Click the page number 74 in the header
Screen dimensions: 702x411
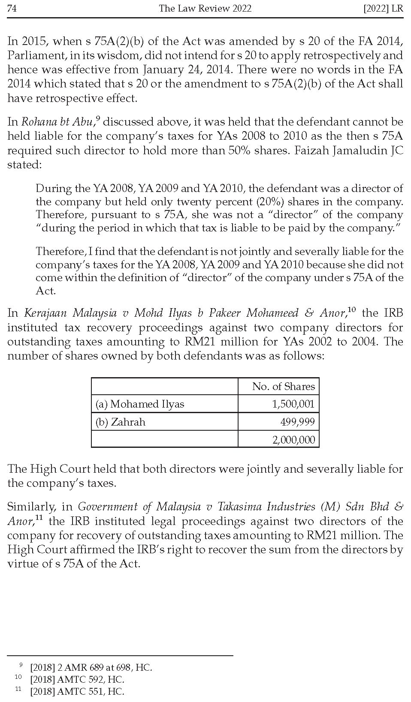pos(12,8)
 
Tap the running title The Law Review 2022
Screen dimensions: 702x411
pos(205,8)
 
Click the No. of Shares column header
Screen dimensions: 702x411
pos(283,386)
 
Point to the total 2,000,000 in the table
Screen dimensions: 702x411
pos(293,440)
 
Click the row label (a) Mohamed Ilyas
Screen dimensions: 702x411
pos(140,404)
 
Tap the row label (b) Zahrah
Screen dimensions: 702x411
pos(121,422)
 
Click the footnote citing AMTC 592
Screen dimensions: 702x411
pos(77,679)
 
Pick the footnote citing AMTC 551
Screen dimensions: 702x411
pos(77,691)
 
